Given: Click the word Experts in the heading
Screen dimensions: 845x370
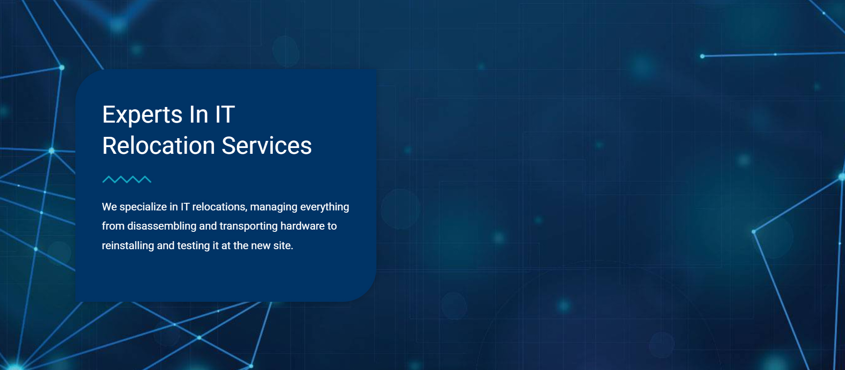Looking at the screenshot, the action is [142, 115].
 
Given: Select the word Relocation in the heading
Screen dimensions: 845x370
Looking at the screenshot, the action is [159, 146].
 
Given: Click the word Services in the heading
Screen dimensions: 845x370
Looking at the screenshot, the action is [267, 146].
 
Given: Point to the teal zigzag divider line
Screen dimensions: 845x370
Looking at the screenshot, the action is [127, 180].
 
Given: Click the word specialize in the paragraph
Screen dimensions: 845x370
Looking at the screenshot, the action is [143, 207].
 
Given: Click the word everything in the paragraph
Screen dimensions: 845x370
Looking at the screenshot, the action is [325, 207].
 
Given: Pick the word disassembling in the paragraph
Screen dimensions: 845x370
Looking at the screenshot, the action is [162, 226].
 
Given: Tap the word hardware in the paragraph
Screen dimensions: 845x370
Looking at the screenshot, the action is [302, 226].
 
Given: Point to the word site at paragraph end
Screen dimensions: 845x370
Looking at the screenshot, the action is [283, 246].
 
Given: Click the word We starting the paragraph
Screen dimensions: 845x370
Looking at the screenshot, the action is [109, 207].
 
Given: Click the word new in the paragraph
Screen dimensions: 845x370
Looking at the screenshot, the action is [261, 246].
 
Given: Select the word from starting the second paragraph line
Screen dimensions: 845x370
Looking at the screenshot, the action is [113, 226].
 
